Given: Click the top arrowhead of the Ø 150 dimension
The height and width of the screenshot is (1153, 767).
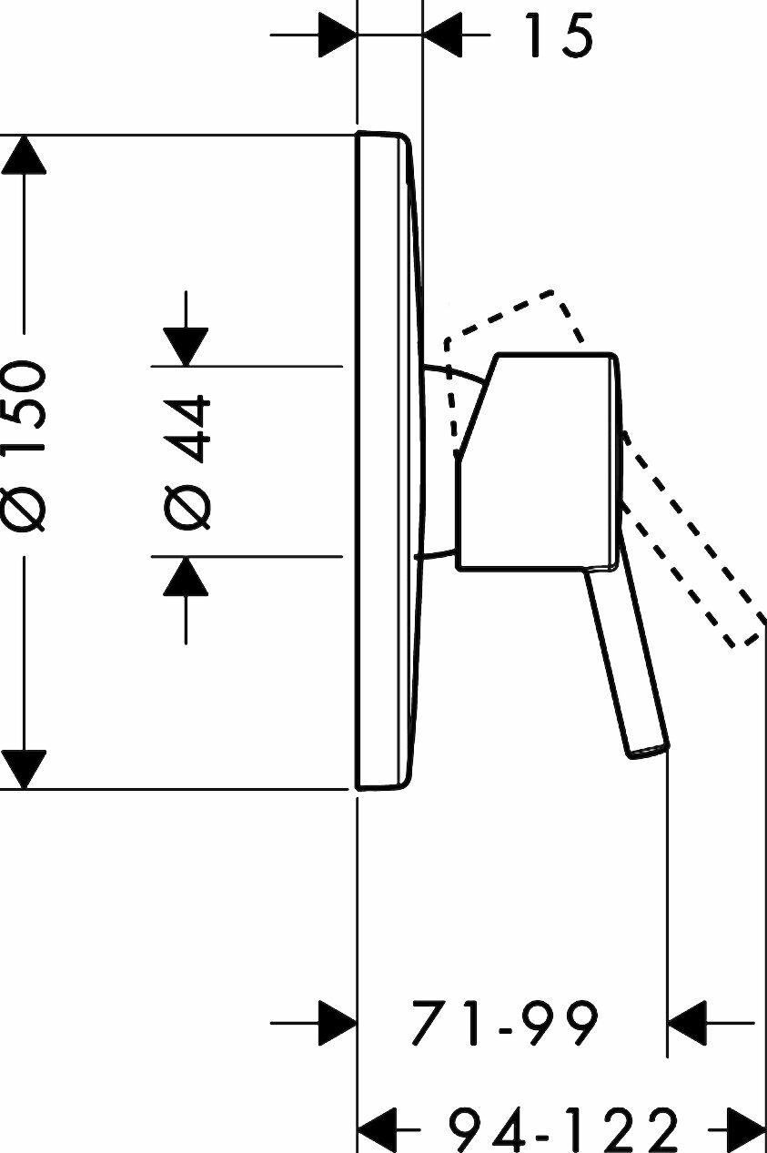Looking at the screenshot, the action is [x=24, y=155].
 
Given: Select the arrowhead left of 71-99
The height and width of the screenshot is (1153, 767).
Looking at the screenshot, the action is [x=335, y=1024].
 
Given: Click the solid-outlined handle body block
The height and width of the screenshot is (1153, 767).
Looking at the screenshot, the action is [x=537, y=460].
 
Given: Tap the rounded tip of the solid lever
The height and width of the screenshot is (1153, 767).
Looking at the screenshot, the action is [x=649, y=751].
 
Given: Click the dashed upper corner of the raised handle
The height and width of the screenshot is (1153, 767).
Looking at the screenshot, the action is [x=554, y=294].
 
